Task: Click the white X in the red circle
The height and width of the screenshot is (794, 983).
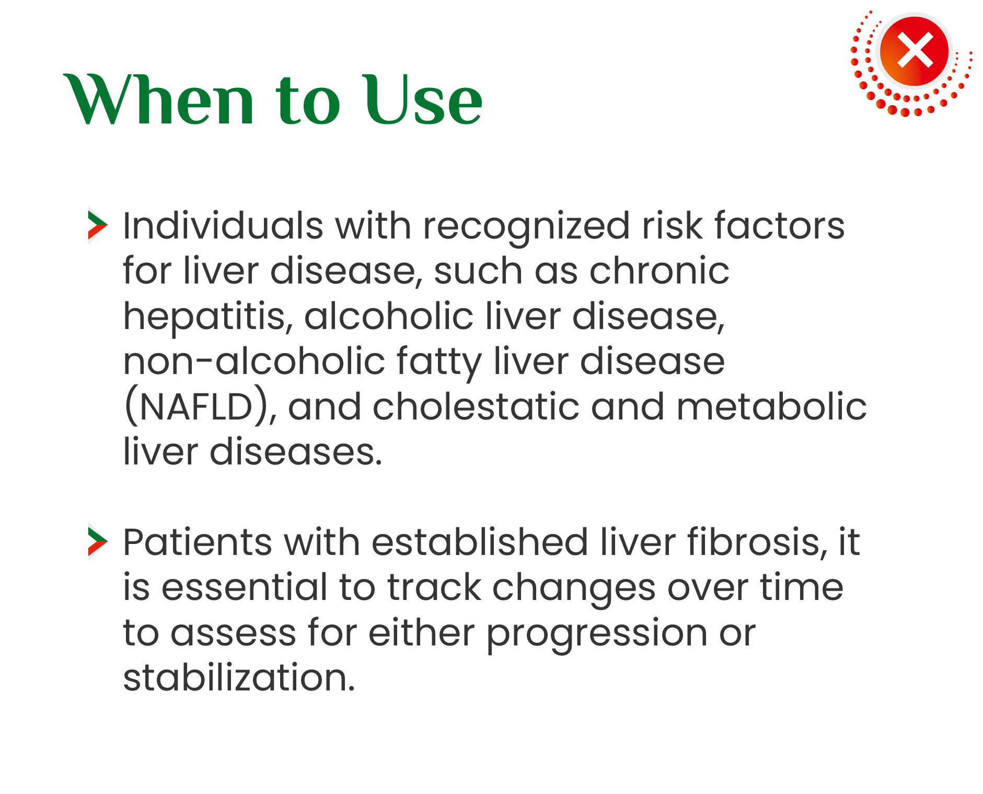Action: coord(915,50)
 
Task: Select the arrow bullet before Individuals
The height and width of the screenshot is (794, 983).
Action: coord(98,225)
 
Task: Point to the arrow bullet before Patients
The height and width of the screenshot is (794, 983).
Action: coord(98,541)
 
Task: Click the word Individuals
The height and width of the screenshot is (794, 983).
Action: coord(223,226)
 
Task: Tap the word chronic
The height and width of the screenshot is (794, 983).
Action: coord(659,271)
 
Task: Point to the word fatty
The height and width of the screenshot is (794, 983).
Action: coord(439,364)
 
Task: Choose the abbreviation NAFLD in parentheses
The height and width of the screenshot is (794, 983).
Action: coord(196,407)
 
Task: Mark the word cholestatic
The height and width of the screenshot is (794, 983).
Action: coord(476,407)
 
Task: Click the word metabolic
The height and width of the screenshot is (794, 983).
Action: coord(771,407)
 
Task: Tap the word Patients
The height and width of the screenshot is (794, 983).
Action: coord(198,542)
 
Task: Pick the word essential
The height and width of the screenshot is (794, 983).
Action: coord(245,587)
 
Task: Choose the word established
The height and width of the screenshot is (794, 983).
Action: coord(480,542)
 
